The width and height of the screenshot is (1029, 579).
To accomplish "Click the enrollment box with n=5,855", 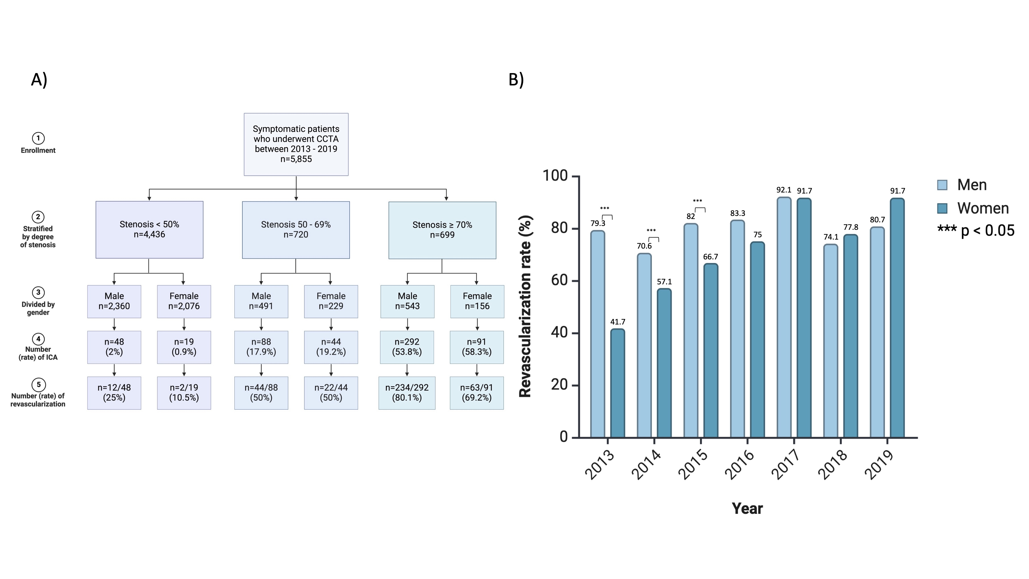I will (296, 144).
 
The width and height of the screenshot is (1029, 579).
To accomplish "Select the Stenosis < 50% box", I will (149, 230).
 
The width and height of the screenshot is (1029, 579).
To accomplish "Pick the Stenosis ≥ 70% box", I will (442, 230).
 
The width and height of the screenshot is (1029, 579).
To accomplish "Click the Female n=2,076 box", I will (184, 301).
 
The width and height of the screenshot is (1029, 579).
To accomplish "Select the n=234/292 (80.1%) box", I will (407, 393).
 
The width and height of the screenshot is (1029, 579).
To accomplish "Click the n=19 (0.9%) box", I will (184, 347).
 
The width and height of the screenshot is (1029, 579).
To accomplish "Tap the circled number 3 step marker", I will (38, 292).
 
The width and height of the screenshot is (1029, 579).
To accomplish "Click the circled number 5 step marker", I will (38, 384).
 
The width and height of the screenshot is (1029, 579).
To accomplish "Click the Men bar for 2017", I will (784, 317).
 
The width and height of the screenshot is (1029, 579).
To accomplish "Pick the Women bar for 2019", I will (897, 318).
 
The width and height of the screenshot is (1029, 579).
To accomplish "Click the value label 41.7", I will (618, 322).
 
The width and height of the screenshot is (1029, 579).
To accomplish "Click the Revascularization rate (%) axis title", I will (525, 306).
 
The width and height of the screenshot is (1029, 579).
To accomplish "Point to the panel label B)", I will (516, 80).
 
